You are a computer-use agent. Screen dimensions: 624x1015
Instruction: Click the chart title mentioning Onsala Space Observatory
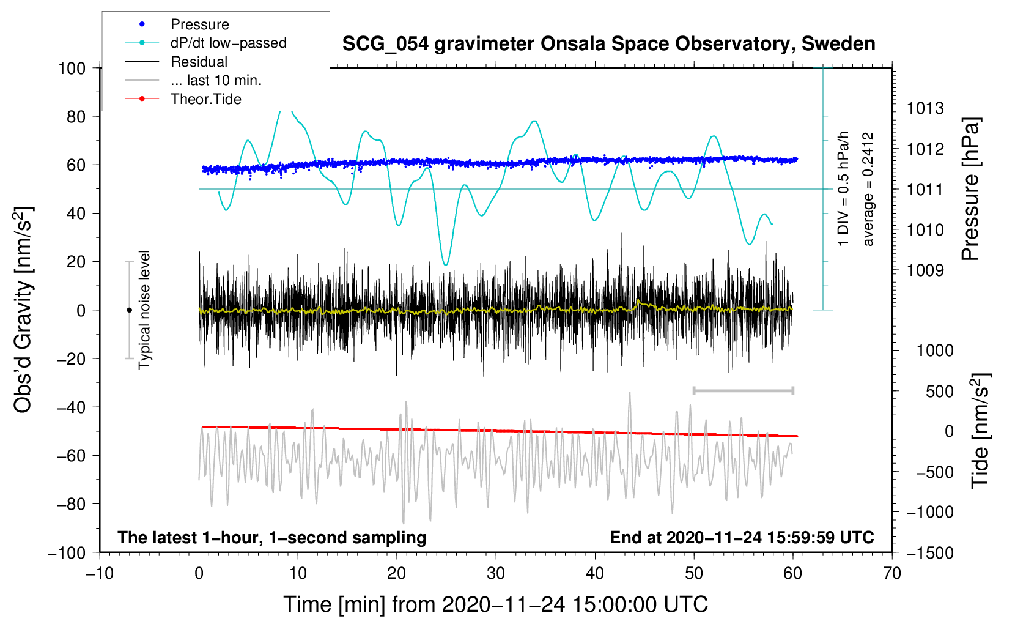click(x=608, y=44)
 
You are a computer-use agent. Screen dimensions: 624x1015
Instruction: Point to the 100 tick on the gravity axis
click(x=72, y=68)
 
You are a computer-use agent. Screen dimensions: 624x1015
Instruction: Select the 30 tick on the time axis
click(x=496, y=573)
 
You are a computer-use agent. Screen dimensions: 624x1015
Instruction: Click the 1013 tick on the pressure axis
click(x=925, y=108)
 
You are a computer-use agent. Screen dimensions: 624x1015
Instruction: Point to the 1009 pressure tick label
click(x=925, y=270)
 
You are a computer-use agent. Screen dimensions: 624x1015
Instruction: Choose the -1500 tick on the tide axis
click(x=930, y=552)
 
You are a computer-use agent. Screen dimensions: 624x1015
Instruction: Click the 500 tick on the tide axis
click(x=939, y=391)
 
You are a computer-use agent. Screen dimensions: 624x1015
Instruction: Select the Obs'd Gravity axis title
click(x=23, y=310)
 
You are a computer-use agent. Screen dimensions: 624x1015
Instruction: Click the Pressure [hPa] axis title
click(x=970, y=190)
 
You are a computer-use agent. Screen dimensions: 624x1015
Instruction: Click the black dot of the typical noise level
click(x=129, y=310)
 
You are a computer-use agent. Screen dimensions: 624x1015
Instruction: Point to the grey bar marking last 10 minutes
click(x=743, y=390)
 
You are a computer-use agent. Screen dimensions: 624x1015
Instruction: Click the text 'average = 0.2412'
click(x=868, y=190)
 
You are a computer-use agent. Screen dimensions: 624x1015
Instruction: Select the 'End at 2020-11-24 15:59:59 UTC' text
click(x=742, y=537)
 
